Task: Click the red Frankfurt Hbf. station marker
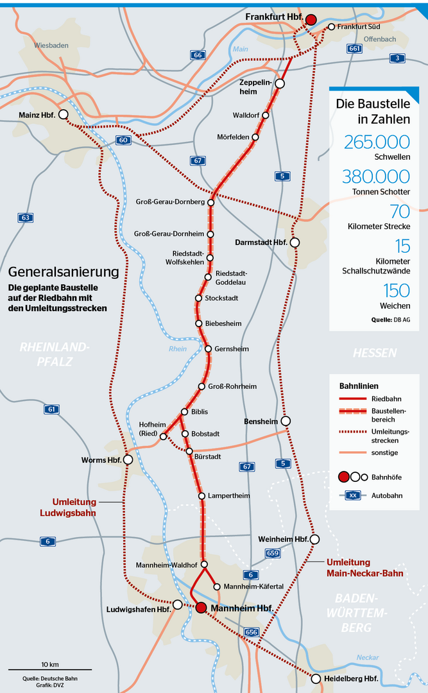pyautogui.click(x=311, y=20)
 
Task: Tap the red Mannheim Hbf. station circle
pyautogui.click(x=201, y=608)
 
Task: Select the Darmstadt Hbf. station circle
pyautogui.click(x=295, y=243)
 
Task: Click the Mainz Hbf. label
pyautogui.click(x=37, y=116)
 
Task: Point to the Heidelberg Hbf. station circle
pyautogui.click(x=316, y=678)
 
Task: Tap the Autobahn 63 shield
pyautogui.click(x=25, y=218)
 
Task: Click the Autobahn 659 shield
pyautogui.click(x=272, y=552)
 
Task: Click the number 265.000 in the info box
pyautogui.click(x=377, y=142)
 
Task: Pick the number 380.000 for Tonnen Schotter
pyautogui.click(x=376, y=176)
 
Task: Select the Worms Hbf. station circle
pyautogui.click(x=128, y=459)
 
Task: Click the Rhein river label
pyautogui.click(x=178, y=348)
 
